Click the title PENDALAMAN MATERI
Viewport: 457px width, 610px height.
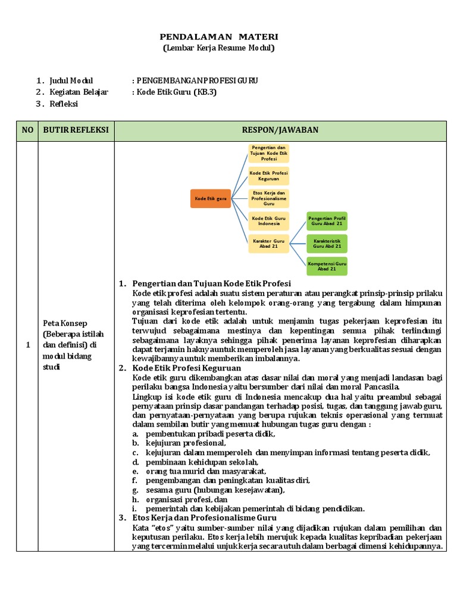(x=219, y=37)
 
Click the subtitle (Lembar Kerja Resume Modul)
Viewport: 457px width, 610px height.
(x=219, y=48)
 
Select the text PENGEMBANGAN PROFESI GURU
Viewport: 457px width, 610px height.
(x=197, y=80)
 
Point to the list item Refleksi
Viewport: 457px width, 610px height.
(x=64, y=104)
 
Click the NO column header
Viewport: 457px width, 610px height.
(x=27, y=130)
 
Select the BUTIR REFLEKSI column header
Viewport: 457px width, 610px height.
(x=76, y=130)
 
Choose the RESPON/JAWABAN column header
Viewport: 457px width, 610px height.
(x=280, y=130)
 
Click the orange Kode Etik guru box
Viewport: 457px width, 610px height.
(x=210, y=198)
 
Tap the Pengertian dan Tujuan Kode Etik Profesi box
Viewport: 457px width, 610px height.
(x=268, y=153)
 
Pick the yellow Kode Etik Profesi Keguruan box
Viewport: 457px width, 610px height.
(x=268, y=176)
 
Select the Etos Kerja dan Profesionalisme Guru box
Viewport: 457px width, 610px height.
(x=268, y=198)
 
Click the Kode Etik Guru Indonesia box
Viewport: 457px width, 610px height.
(x=268, y=220)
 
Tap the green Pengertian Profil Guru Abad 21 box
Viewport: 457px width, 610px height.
(x=327, y=221)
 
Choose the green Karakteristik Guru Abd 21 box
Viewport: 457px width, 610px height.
(x=327, y=243)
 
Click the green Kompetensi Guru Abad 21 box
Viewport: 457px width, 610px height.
(x=327, y=265)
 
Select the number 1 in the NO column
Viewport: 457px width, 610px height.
(x=27, y=345)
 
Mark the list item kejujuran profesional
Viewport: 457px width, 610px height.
(x=186, y=443)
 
